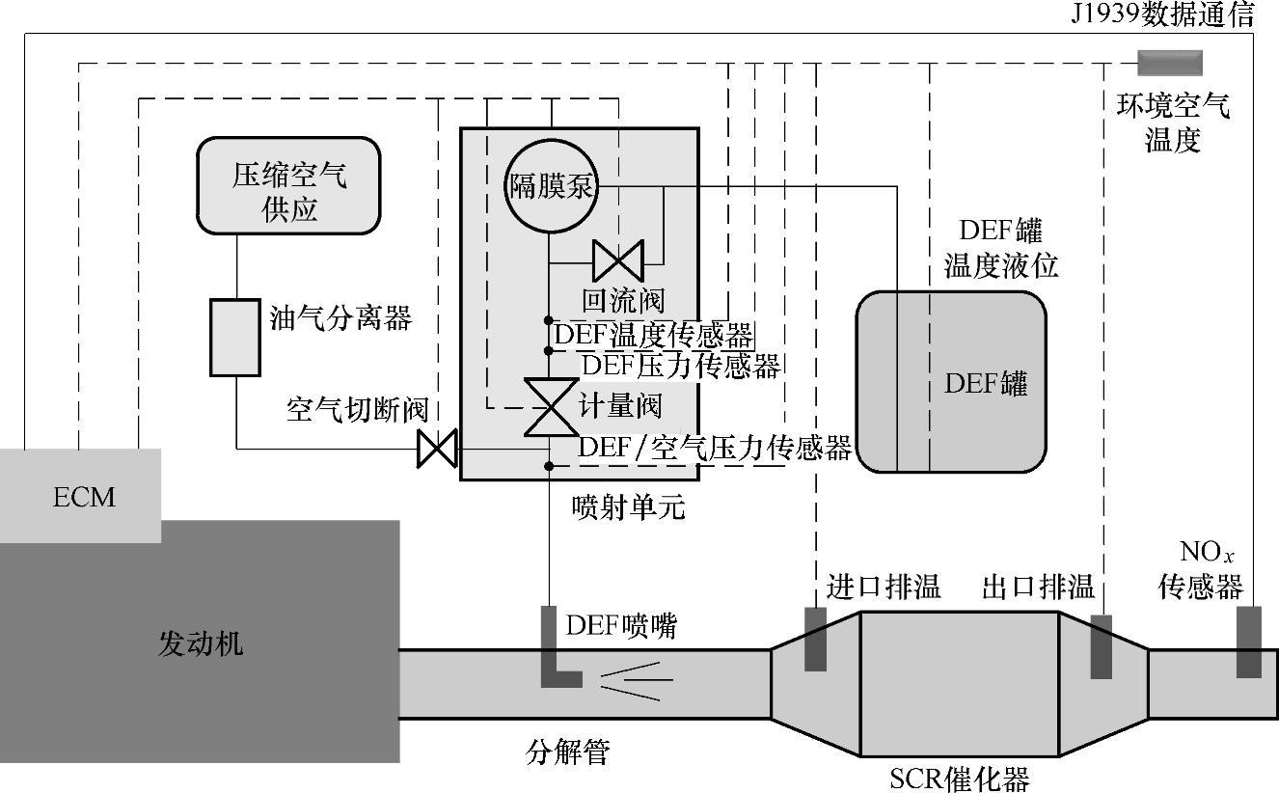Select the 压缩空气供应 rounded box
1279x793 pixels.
(288, 186)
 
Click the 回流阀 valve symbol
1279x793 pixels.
(617, 260)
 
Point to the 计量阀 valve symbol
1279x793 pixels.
(550, 407)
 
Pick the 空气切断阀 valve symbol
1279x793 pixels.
(436, 449)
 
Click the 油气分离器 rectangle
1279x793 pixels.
(235, 337)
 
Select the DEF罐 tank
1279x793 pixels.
(951, 382)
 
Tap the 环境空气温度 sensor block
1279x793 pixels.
(1169, 63)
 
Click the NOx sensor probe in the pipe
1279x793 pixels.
(1248, 642)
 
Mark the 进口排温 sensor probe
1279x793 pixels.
(816, 639)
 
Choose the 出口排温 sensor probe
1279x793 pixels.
(1101, 646)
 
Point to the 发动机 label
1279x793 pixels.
(200, 643)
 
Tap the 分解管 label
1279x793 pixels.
(568, 751)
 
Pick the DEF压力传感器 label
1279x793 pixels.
(681, 366)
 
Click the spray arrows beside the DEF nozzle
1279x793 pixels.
(637, 681)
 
